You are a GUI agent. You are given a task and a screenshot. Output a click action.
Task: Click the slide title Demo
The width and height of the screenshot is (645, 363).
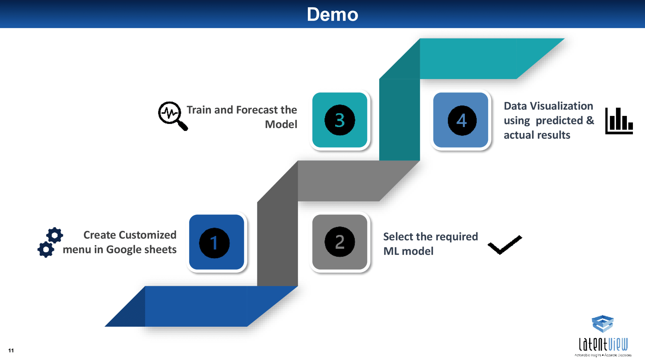point(332,14)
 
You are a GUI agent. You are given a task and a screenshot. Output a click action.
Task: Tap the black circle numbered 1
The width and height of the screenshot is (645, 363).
point(214,243)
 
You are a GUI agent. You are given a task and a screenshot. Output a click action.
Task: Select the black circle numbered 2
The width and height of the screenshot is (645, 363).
point(340,242)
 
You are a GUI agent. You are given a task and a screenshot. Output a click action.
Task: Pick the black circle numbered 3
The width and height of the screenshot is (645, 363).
point(340,120)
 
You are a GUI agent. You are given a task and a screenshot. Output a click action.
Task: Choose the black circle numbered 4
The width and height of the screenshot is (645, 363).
point(462,120)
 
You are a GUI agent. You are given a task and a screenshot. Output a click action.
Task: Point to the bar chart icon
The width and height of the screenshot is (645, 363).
point(619,121)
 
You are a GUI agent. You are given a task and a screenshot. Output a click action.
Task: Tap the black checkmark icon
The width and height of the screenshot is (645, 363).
point(505,245)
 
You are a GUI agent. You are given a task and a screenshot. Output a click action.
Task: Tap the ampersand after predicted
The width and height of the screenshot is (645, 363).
point(590,120)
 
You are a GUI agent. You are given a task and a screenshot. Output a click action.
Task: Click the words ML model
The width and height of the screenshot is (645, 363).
point(408,251)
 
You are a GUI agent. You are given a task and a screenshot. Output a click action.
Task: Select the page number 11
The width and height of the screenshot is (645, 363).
point(11,350)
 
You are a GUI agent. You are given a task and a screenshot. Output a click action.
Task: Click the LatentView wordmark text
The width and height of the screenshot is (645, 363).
point(603,345)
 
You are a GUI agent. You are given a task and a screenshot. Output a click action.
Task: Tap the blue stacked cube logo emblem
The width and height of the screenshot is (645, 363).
point(602,324)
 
